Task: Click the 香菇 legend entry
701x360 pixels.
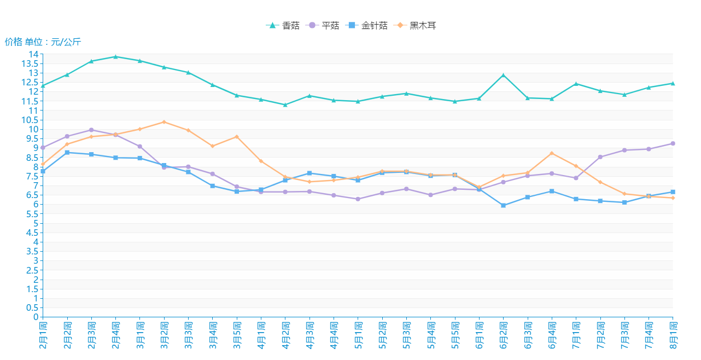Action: click(x=283, y=26)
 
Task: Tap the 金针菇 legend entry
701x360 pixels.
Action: click(x=367, y=26)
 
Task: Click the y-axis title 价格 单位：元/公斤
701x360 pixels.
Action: click(x=43, y=42)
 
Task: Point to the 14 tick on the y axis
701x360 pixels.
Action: click(x=34, y=54)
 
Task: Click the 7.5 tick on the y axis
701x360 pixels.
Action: click(x=32, y=176)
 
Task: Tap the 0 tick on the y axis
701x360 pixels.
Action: click(x=36, y=317)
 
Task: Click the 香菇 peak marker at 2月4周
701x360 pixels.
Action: click(x=115, y=56)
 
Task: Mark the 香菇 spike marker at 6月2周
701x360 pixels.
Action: click(x=503, y=75)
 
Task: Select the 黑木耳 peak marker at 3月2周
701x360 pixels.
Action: click(x=164, y=122)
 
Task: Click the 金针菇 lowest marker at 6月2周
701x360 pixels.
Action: click(x=503, y=206)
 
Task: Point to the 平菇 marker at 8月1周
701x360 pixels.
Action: click(x=673, y=143)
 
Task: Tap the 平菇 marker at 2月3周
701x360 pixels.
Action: click(x=91, y=130)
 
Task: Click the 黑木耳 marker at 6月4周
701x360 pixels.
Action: click(x=552, y=153)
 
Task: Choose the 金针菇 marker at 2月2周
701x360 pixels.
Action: click(x=67, y=153)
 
